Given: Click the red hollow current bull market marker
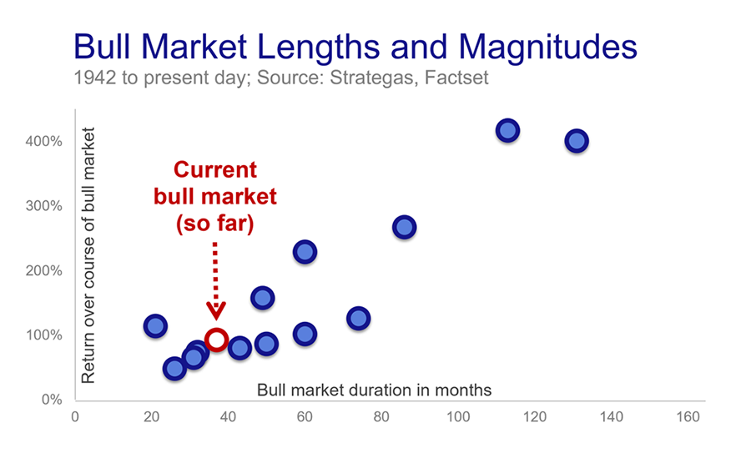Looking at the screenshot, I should [216, 340].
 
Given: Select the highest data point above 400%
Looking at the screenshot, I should [507, 130].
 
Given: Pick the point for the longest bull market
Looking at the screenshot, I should [576, 141].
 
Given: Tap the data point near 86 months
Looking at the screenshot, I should [404, 227].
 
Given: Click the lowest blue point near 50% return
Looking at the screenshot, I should [174, 368].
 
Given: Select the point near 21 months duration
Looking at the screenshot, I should [155, 325].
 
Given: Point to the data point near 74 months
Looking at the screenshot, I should [358, 318].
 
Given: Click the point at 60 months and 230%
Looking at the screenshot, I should [305, 251].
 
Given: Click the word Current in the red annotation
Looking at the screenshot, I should [214, 170].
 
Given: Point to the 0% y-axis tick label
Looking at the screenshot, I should [51, 400].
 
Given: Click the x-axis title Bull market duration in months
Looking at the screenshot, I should [374, 390].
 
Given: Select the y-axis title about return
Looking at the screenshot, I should [88, 255].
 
